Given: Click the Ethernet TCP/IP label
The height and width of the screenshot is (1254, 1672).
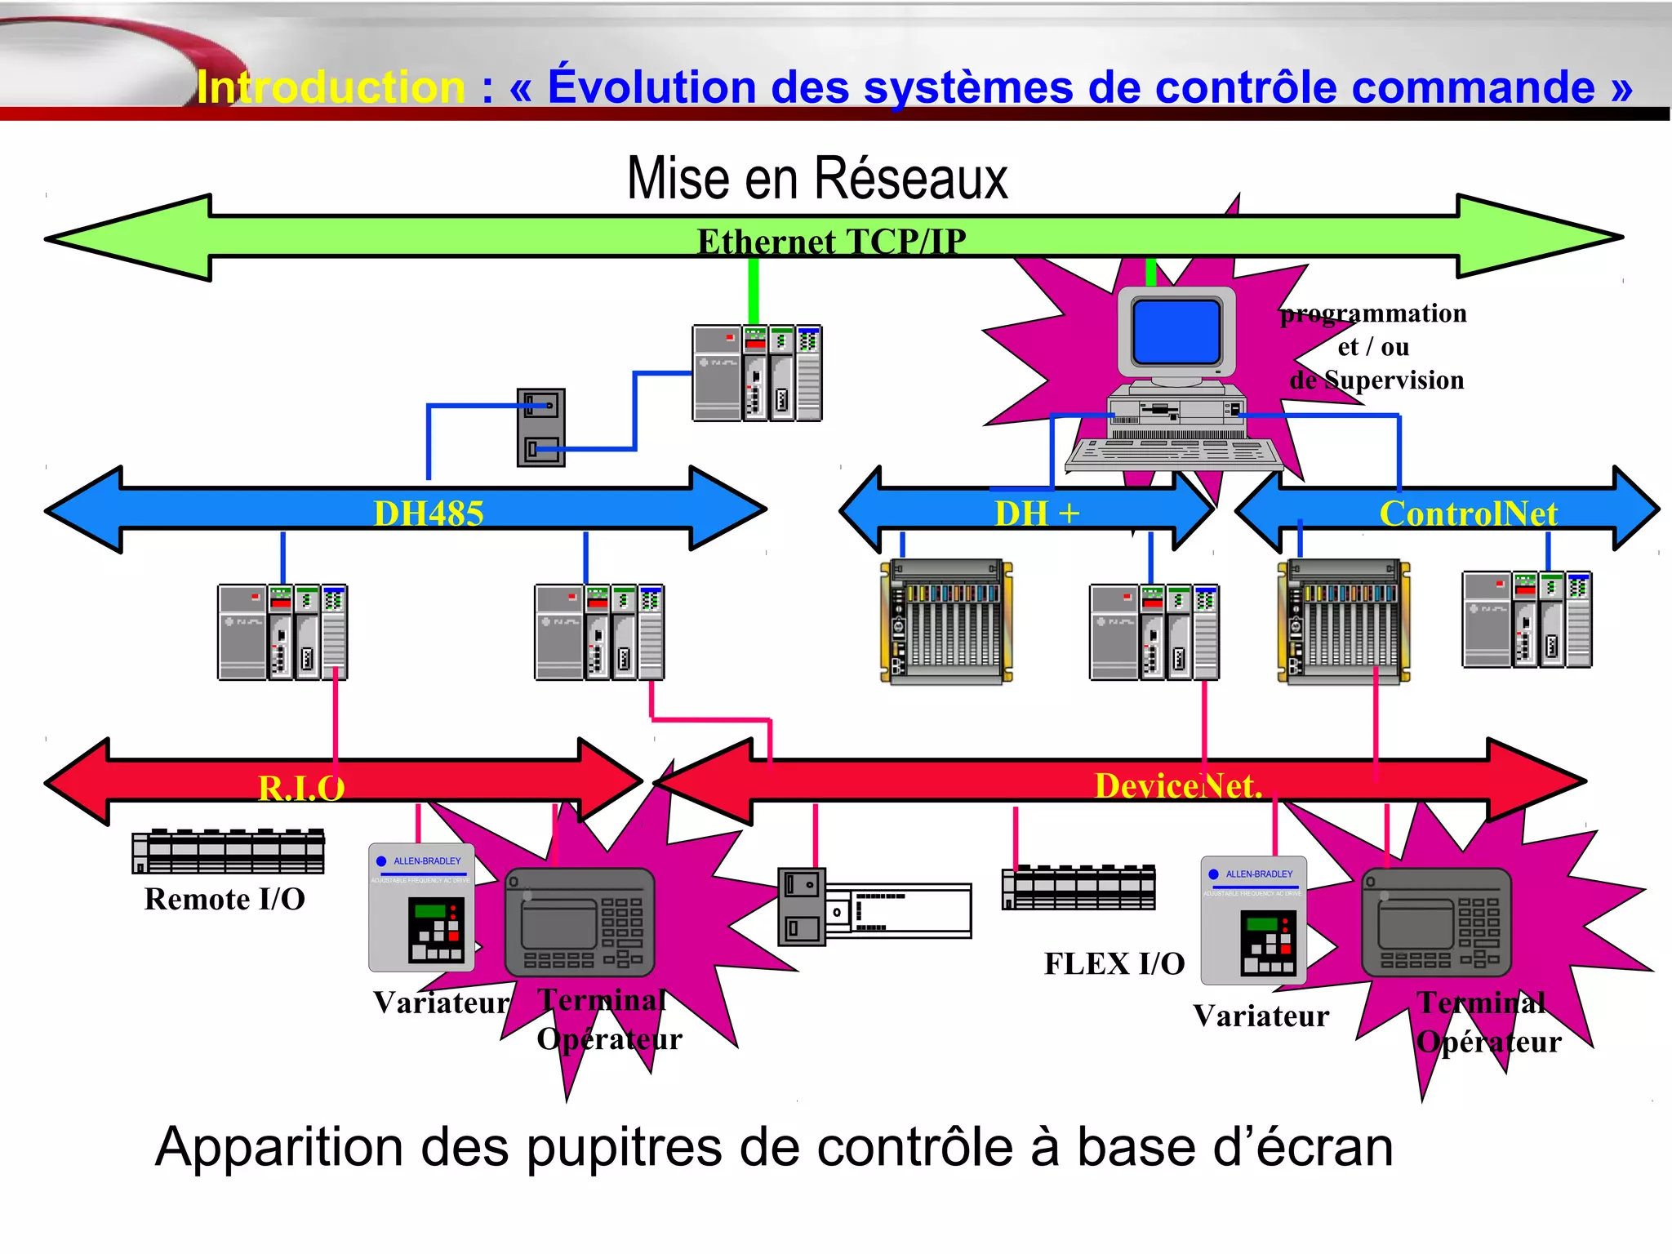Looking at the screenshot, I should (x=831, y=242).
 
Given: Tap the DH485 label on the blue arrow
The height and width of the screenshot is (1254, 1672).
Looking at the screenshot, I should (x=429, y=514).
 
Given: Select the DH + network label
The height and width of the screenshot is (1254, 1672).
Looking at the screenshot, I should (x=1037, y=514).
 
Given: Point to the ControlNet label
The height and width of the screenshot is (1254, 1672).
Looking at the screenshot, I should (x=1468, y=514).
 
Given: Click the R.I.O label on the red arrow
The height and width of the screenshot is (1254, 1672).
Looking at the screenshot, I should (x=301, y=788).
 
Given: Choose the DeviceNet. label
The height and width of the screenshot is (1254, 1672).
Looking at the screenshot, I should (x=1178, y=785).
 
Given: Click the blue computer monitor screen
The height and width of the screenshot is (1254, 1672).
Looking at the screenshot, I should (x=1176, y=331).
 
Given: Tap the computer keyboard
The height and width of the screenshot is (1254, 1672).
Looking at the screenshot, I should (x=1173, y=454).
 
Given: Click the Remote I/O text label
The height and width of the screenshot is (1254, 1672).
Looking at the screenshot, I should (x=225, y=899).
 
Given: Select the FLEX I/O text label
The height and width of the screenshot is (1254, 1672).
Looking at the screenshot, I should (x=1114, y=963).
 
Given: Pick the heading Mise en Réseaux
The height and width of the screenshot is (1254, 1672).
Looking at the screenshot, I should (x=817, y=179).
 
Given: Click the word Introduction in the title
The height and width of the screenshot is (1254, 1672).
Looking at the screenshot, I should (x=331, y=87).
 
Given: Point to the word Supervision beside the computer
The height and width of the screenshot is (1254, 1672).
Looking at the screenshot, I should (x=1394, y=380).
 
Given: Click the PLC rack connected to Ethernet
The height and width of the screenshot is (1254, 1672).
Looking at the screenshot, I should (x=757, y=373).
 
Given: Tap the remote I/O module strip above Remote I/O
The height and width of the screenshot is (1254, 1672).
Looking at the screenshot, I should (x=229, y=852).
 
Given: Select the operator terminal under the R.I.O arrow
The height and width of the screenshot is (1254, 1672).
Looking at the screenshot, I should (x=580, y=923).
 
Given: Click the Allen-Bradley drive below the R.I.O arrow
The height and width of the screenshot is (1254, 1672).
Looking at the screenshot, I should (x=421, y=907).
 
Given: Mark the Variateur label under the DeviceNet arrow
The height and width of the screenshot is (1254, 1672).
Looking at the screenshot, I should (x=1261, y=1016).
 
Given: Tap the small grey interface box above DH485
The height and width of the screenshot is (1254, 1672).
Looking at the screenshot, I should (x=540, y=428).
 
